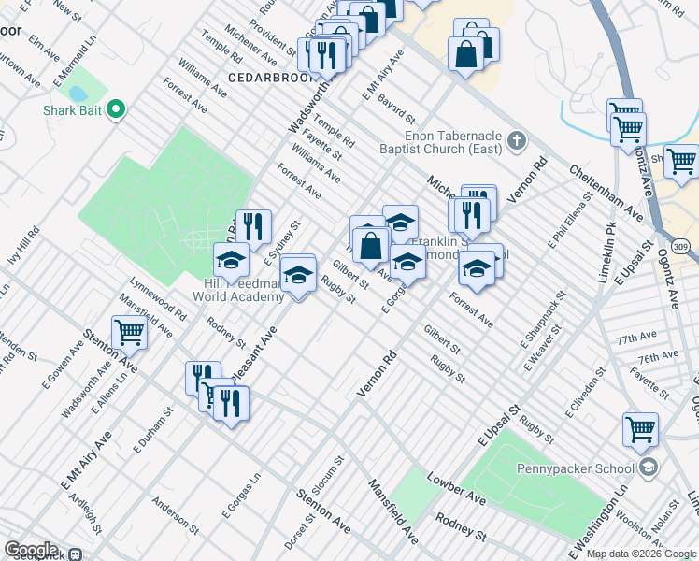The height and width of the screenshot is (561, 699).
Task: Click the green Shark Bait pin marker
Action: [116, 110]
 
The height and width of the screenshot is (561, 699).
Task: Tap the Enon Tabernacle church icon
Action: [518, 142]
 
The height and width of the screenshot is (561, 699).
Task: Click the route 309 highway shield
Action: [681, 245]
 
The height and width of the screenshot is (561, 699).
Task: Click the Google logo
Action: [31, 550]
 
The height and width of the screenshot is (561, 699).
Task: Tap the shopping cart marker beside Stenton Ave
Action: [129, 331]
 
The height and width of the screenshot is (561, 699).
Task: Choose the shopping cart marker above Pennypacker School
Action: [640, 429]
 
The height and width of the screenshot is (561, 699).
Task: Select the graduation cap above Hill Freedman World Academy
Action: [231, 260]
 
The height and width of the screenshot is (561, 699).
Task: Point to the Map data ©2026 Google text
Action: [640, 554]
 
